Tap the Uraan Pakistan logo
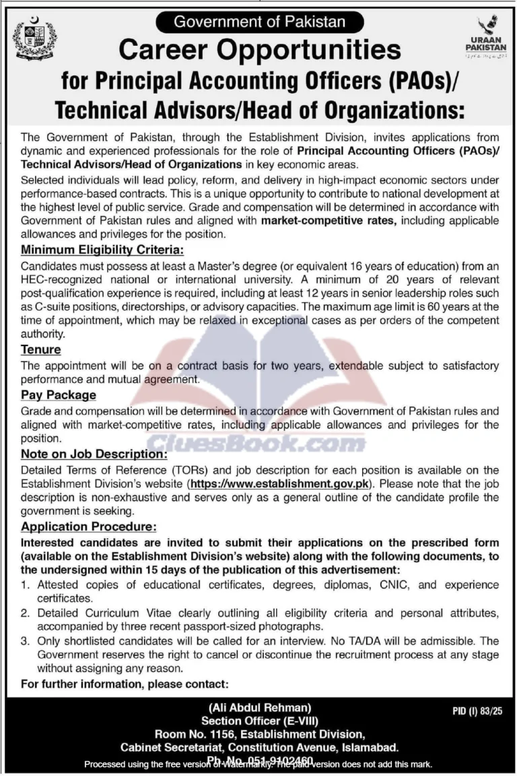(483, 37)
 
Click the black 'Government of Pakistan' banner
(259, 22)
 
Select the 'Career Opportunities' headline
(260, 50)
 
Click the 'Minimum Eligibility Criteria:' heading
(102, 250)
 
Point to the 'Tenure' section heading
(41, 349)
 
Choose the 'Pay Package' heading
(59, 395)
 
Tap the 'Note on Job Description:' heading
(94, 454)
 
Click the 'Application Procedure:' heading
(90, 527)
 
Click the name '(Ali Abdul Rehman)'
(259, 707)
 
